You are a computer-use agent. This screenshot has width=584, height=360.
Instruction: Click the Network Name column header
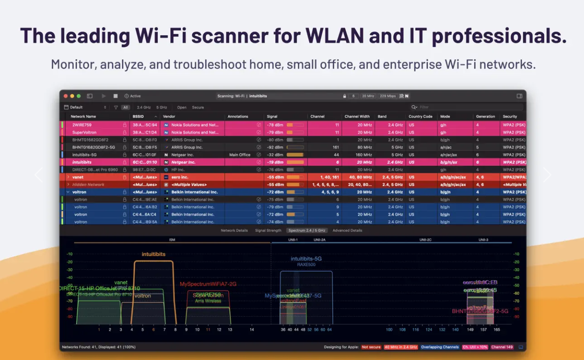[83, 117]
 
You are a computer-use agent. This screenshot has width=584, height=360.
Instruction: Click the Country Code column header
[420, 117]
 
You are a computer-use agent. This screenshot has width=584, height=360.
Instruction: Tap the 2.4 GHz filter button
[144, 108]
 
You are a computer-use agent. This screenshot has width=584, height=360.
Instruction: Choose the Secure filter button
[198, 108]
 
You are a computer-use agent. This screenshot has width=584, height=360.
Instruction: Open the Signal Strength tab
[268, 231]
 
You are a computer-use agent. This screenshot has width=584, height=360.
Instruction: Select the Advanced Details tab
[347, 231]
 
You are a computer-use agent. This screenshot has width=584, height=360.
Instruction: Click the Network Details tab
[234, 231]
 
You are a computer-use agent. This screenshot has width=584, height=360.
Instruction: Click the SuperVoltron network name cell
[84, 133]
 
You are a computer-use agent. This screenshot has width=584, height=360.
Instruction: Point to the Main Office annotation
[240, 155]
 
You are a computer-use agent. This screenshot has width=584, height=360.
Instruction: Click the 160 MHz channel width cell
[364, 155]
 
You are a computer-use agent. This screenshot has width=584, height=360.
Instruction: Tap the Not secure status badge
[371, 347]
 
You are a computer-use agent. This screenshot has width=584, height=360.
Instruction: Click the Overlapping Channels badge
[440, 347]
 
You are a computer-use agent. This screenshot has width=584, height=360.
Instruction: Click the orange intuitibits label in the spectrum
[154, 254]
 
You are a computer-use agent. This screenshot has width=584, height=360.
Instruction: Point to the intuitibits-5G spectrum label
[306, 259]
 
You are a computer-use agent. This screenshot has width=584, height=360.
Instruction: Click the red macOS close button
[66, 96]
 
